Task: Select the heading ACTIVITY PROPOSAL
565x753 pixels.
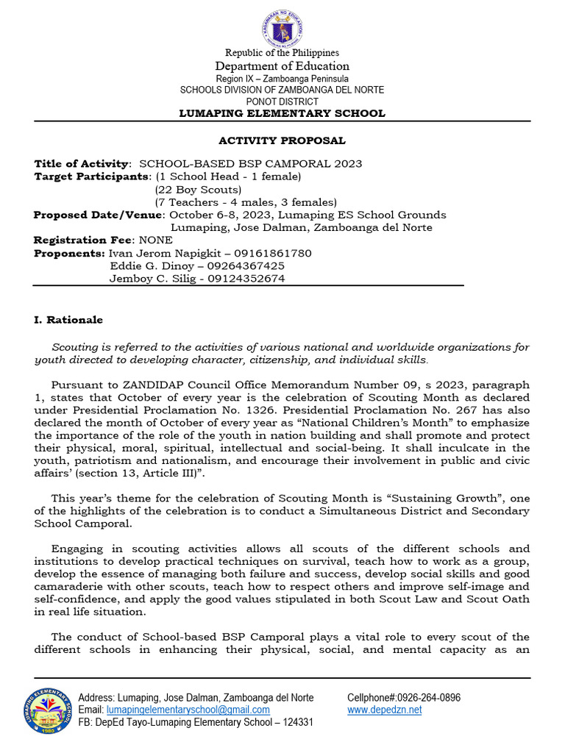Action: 282,140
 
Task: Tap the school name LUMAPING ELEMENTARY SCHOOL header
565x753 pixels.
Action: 282,113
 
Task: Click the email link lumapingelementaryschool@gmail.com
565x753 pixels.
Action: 188,710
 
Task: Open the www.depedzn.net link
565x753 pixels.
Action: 384,710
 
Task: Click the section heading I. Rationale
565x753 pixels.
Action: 68,320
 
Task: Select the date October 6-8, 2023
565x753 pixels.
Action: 221,215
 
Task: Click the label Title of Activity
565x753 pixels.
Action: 82,163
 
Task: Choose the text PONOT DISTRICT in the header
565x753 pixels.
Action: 282,101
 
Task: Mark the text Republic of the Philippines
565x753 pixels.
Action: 282,53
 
